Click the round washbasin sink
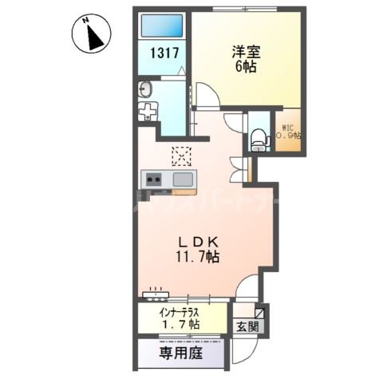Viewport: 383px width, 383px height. point(147,88)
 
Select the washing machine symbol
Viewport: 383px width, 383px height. point(148,111)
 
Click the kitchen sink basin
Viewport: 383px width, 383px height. point(183,178)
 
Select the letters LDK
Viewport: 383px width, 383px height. point(194,242)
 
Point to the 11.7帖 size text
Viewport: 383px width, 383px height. point(194,258)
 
